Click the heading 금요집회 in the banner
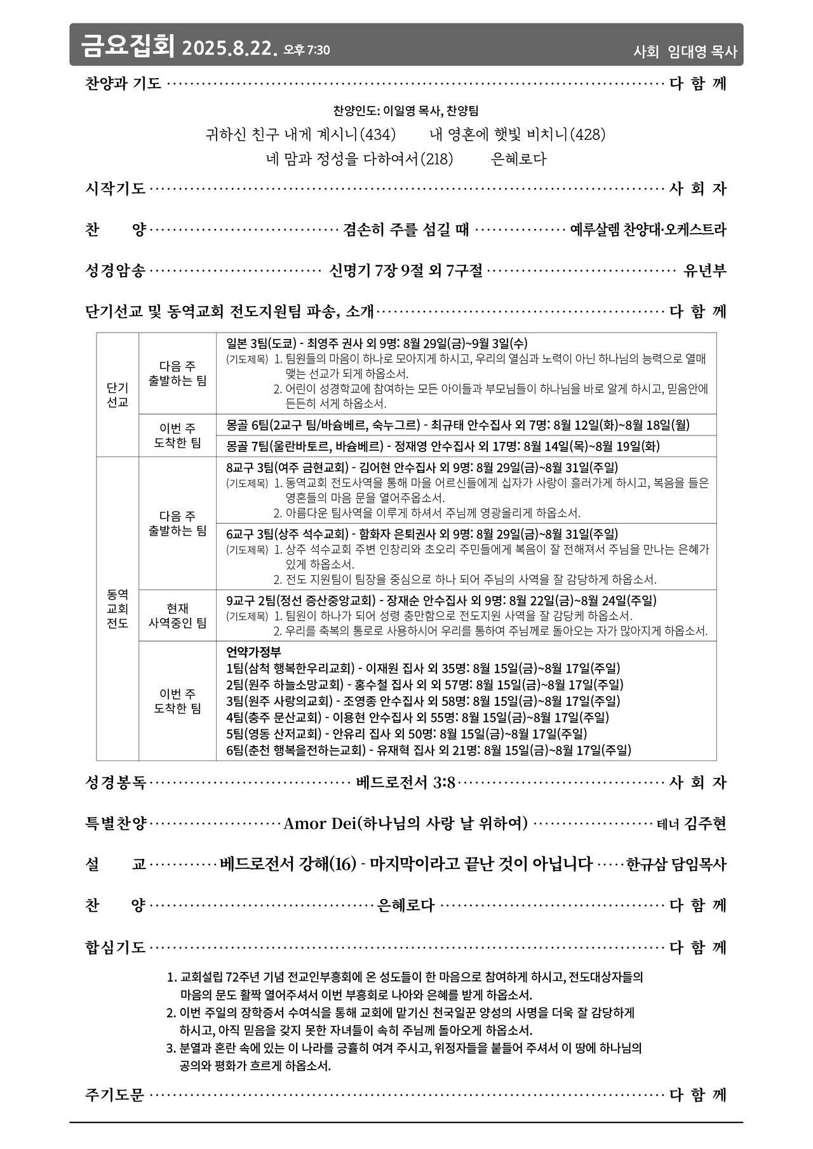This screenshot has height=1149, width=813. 127,46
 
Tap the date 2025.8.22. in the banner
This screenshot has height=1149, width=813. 229,49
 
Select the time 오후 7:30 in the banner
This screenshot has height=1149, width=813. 306,50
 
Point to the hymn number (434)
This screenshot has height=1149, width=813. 377,135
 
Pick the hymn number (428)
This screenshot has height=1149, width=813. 587,135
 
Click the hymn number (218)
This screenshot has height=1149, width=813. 437,159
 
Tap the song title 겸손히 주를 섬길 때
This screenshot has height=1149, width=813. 406,229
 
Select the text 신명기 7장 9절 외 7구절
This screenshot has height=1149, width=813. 406,271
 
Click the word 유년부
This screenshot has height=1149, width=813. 704,271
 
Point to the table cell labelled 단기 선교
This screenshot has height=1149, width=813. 118,395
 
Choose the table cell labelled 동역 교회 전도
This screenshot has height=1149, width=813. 118,609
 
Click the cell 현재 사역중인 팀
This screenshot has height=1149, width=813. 177,616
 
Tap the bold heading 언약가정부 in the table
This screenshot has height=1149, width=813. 253,652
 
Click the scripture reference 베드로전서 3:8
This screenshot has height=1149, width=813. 406,783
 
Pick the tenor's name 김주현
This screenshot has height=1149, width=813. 705,824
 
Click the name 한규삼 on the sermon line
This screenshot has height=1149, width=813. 647,865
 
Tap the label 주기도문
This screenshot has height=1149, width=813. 115,1095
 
